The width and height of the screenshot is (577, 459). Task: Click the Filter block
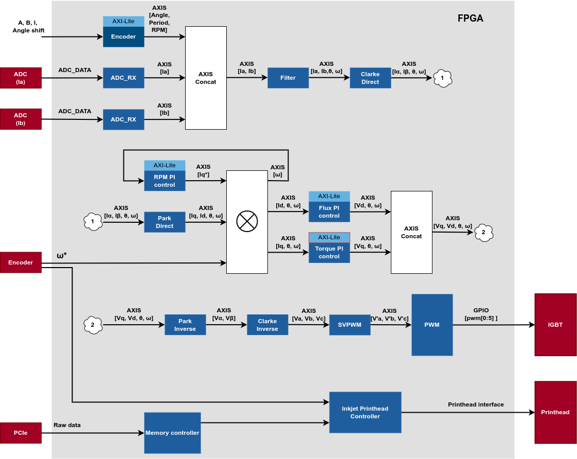click(x=288, y=78)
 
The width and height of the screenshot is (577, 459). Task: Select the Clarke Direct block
click(x=370, y=78)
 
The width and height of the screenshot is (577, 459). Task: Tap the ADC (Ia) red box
click(x=21, y=78)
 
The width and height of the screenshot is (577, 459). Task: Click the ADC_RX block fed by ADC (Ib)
click(x=123, y=119)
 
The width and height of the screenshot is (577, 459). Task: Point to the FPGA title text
click(x=470, y=19)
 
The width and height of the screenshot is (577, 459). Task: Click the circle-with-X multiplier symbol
click(x=247, y=221)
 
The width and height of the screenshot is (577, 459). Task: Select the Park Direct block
click(x=165, y=222)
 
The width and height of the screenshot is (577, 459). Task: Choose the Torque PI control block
click(x=329, y=252)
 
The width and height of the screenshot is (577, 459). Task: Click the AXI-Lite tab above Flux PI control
click(x=329, y=196)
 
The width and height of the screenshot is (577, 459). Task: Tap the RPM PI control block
click(x=165, y=181)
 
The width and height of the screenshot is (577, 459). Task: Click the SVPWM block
click(x=350, y=325)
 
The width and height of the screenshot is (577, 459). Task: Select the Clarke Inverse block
click(x=267, y=325)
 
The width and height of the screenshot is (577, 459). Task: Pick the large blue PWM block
click(x=432, y=325)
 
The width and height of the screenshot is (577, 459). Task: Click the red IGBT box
click(x=555, y=325)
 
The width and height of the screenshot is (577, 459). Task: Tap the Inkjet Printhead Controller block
click(x=365, y=412)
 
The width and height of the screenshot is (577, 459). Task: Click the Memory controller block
click(x=172, y=433)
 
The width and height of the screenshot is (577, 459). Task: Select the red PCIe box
click(x=21, y=433)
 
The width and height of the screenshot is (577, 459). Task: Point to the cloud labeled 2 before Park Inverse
click(x=93, y=325)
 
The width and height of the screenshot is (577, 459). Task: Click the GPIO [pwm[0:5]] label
click(x=481, y=314)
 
